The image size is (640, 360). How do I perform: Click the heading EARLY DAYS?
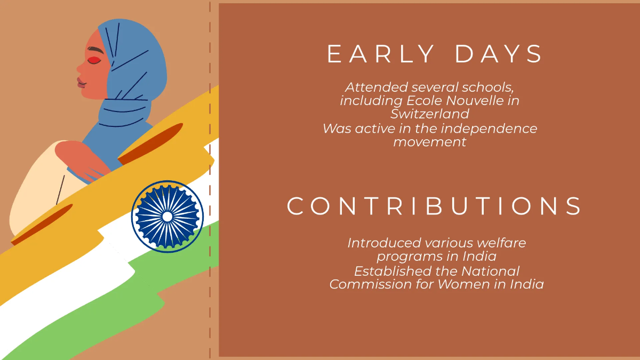(434, 54)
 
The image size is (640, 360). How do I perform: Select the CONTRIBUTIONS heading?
(434, 206)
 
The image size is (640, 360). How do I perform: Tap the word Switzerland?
(430, 114)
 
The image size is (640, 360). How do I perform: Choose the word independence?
(489, 129)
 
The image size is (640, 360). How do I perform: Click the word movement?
(430, 142)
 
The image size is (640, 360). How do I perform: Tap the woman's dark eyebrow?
(95, 50)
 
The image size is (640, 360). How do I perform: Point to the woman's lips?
(81, 83)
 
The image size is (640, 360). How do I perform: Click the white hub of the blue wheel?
(167, 217)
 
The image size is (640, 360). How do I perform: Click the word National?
(491, 271)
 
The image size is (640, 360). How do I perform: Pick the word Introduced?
(385, 243)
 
